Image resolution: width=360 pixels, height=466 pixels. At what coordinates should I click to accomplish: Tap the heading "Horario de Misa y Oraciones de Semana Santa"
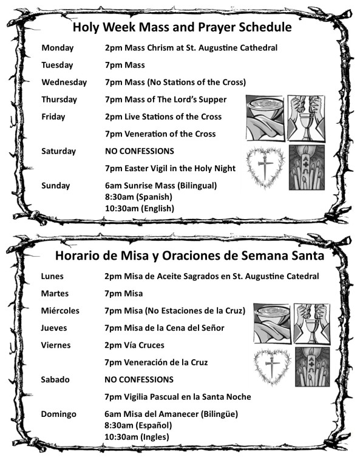[x=189, y=255]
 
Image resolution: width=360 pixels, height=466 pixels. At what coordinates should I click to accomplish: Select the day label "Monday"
[x=57, y=47]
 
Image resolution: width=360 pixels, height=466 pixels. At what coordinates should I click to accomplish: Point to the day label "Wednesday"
[x=64, y=82]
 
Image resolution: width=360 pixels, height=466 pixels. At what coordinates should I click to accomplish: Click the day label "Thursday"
[x=59, y=100]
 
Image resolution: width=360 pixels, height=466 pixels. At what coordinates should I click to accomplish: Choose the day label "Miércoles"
[x=60, y=311]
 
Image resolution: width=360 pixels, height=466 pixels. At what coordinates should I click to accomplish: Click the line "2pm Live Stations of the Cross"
[x=163, y=116]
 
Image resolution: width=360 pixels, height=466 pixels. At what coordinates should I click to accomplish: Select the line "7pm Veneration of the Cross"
[x=160, y=133]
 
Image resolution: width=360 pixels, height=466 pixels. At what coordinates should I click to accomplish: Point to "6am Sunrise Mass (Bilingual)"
[x=160, y=185]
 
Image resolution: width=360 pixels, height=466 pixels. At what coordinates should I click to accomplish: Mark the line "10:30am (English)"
[x=139, y=208]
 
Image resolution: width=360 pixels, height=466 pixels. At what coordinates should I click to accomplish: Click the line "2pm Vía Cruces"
[x=134, y=345]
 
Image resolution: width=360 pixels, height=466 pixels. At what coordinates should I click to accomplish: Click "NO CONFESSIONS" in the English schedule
[x=139, y=150]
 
